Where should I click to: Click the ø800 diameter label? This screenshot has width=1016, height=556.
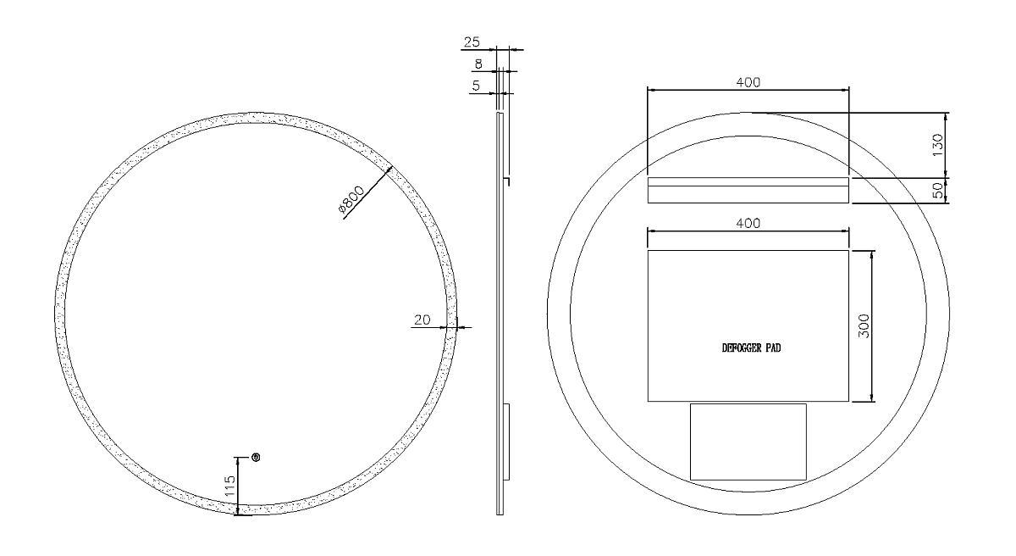click(351, 199)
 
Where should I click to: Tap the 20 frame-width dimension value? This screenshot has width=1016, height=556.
click(422, 320)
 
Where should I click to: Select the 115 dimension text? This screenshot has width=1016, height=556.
click(230, 485)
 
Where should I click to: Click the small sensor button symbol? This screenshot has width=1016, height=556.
click(256, 458)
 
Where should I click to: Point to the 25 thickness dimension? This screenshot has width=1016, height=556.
click(472, 42)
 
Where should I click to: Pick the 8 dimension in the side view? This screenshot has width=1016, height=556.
click(478, 64)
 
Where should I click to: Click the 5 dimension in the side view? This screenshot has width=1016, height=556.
click(476, 86)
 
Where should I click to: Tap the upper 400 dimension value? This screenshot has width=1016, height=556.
click(748, 82)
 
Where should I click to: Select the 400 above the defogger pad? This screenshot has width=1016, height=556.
click(748, 223)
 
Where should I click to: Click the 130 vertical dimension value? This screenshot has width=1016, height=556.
click(937, 145)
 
